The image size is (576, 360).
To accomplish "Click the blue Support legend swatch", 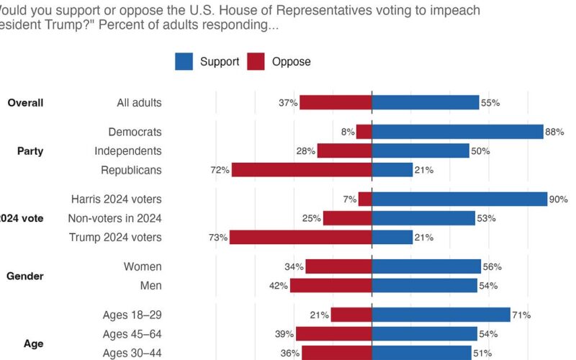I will pos(184,61).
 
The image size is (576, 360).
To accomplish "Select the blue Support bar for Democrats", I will pos(457,132).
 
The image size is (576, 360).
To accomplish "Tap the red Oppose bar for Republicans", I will pos(302,170).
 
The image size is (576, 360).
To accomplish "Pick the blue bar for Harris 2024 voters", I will pos(459,199).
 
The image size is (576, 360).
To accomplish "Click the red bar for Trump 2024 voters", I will pos(301,237).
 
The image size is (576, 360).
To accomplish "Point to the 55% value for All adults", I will pos(491,103).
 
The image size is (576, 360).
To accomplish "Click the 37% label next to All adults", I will pos(289,103).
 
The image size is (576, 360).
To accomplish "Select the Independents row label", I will pos(128,151).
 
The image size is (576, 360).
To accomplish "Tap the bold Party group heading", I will pos(31,151).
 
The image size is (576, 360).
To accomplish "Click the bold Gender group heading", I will pos(25,276).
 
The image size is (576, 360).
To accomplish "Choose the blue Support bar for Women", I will pos(426,266).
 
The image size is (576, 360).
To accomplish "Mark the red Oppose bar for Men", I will pos(331,286).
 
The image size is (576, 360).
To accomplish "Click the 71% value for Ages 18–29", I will pos(522,315).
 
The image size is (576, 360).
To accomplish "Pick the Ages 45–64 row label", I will pos(132,334).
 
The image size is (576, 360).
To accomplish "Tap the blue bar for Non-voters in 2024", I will pos(423,218).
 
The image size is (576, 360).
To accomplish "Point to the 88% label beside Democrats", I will pos(554,132).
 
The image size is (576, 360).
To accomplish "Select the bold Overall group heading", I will pos(25,103).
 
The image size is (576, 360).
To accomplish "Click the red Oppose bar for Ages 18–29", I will pos(351,315).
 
